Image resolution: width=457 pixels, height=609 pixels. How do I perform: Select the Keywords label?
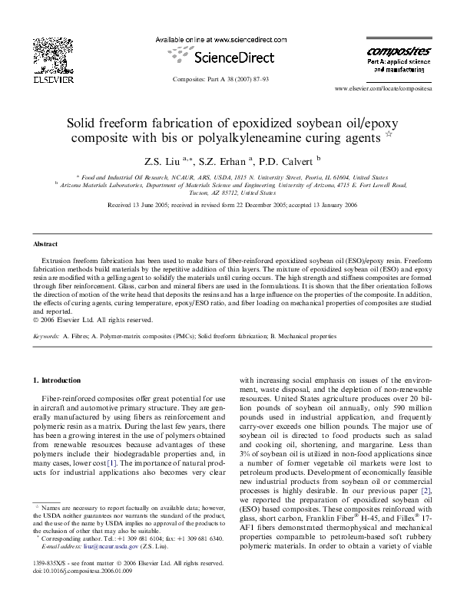[48, 336]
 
